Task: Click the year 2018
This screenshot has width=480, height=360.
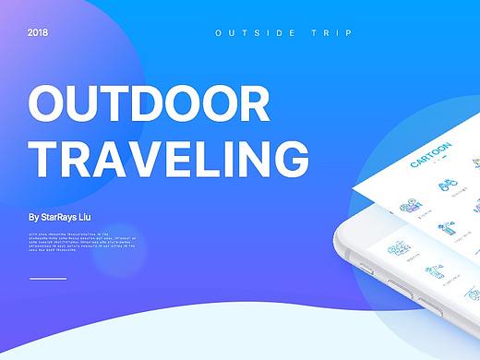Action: pos(38,32)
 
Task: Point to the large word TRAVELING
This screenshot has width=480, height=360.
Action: pos(169,159)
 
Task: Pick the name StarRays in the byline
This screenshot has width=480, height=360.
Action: pos(66,218)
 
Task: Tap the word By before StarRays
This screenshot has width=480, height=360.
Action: pos(34,218)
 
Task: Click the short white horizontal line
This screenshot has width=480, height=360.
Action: pos(48,278)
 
